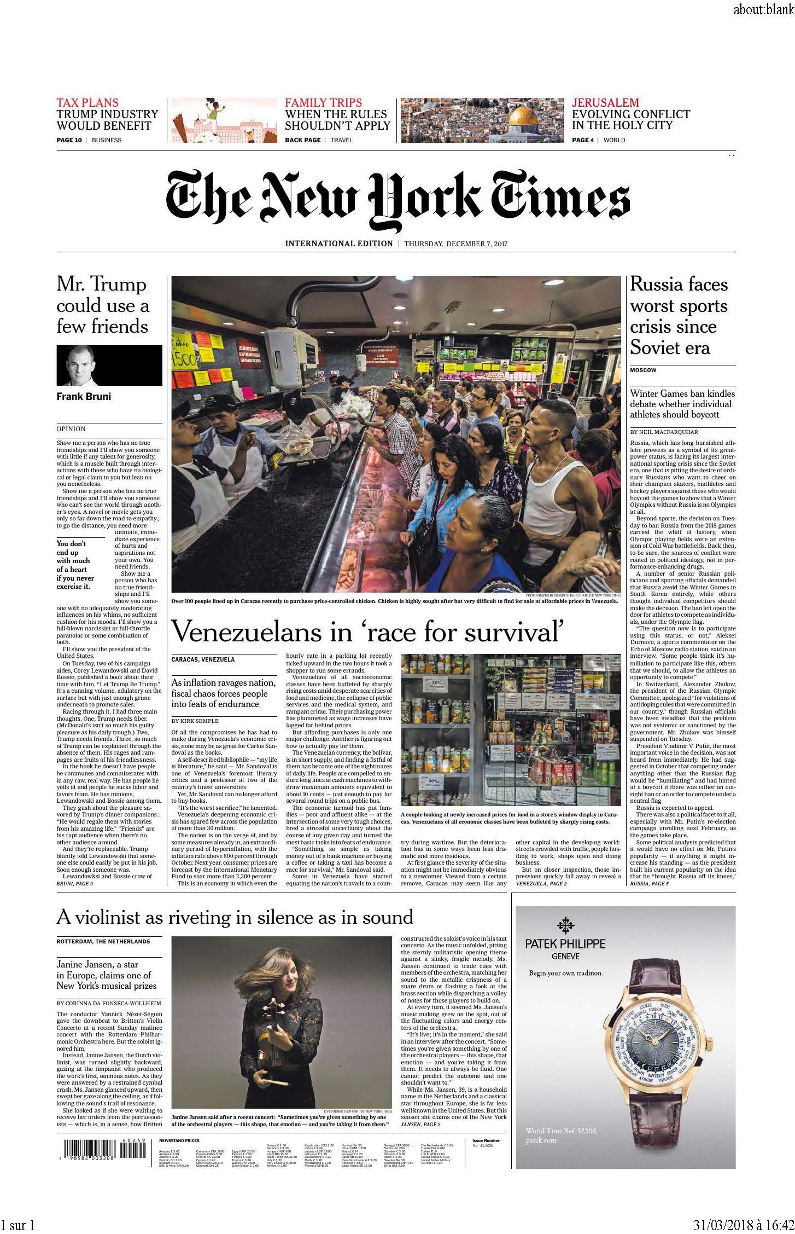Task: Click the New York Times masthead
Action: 397,201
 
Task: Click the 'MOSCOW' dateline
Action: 643,370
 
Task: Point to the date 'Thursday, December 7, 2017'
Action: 455,244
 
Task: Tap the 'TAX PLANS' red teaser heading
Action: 87,102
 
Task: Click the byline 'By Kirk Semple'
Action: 195,721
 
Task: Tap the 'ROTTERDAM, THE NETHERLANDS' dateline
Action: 103,941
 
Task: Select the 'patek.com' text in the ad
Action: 541,1140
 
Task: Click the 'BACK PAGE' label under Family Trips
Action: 302,140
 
